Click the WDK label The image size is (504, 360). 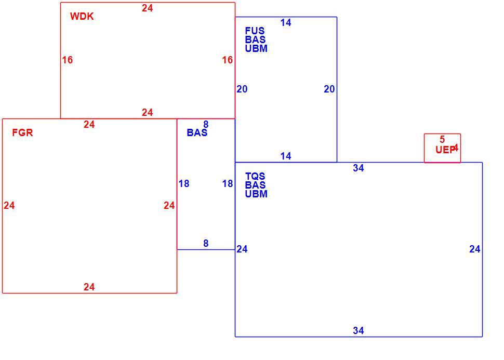point(82,17)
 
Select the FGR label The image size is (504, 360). point(22,132)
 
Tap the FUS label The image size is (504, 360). point(255,31)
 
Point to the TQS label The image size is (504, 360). point(255,176)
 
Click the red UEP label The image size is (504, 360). point(445,150)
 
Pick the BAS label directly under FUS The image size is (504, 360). point(255,39)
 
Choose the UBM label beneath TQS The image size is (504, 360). point(256,194)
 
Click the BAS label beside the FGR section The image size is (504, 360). point(197,132)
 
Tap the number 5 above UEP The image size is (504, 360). point(442,139)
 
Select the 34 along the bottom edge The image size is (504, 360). point(359,330)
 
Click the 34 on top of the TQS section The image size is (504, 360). point(359,168)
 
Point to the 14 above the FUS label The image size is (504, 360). point(286,22)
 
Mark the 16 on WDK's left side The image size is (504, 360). point(68,60)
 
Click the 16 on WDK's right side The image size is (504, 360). point(228,60)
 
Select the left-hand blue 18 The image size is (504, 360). point(184,183)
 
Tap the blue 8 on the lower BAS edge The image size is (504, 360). point(206,243)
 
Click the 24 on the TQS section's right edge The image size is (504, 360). point(475,249)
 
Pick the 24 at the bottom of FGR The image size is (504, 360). point(89,287)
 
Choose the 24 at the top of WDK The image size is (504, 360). point(147,8)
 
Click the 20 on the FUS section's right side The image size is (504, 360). point(329,89)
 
